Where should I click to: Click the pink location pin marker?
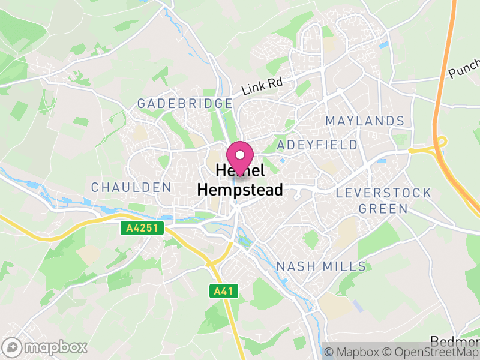pos(240,157)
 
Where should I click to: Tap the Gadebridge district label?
pos(185,103)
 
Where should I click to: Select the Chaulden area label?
pos(131,187)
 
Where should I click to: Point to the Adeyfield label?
pos(317,145)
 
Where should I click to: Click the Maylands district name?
pos(365,121)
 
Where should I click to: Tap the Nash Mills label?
pos(321,266)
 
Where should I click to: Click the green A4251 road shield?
pos(140,228)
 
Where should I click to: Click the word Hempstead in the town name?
pos(240,190)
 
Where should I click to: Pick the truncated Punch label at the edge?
pos(464,70)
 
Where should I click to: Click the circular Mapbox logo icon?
pos(11,347)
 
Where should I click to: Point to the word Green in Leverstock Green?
pos(383,209)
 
